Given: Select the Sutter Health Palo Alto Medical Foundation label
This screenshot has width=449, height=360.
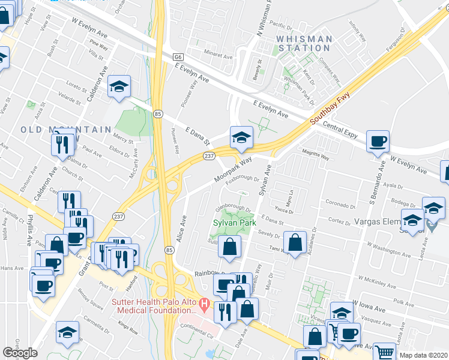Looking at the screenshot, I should tap(155, 305).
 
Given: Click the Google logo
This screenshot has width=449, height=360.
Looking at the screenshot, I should tap(20, 353).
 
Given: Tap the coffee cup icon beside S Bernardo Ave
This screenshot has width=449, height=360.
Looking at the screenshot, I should tap(378, 142).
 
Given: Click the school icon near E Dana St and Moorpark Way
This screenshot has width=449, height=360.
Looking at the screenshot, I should tap(241, 137).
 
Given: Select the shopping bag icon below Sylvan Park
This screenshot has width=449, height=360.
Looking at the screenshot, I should tap(229, 246).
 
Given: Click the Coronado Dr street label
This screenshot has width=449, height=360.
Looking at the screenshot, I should tap(340, 205).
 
